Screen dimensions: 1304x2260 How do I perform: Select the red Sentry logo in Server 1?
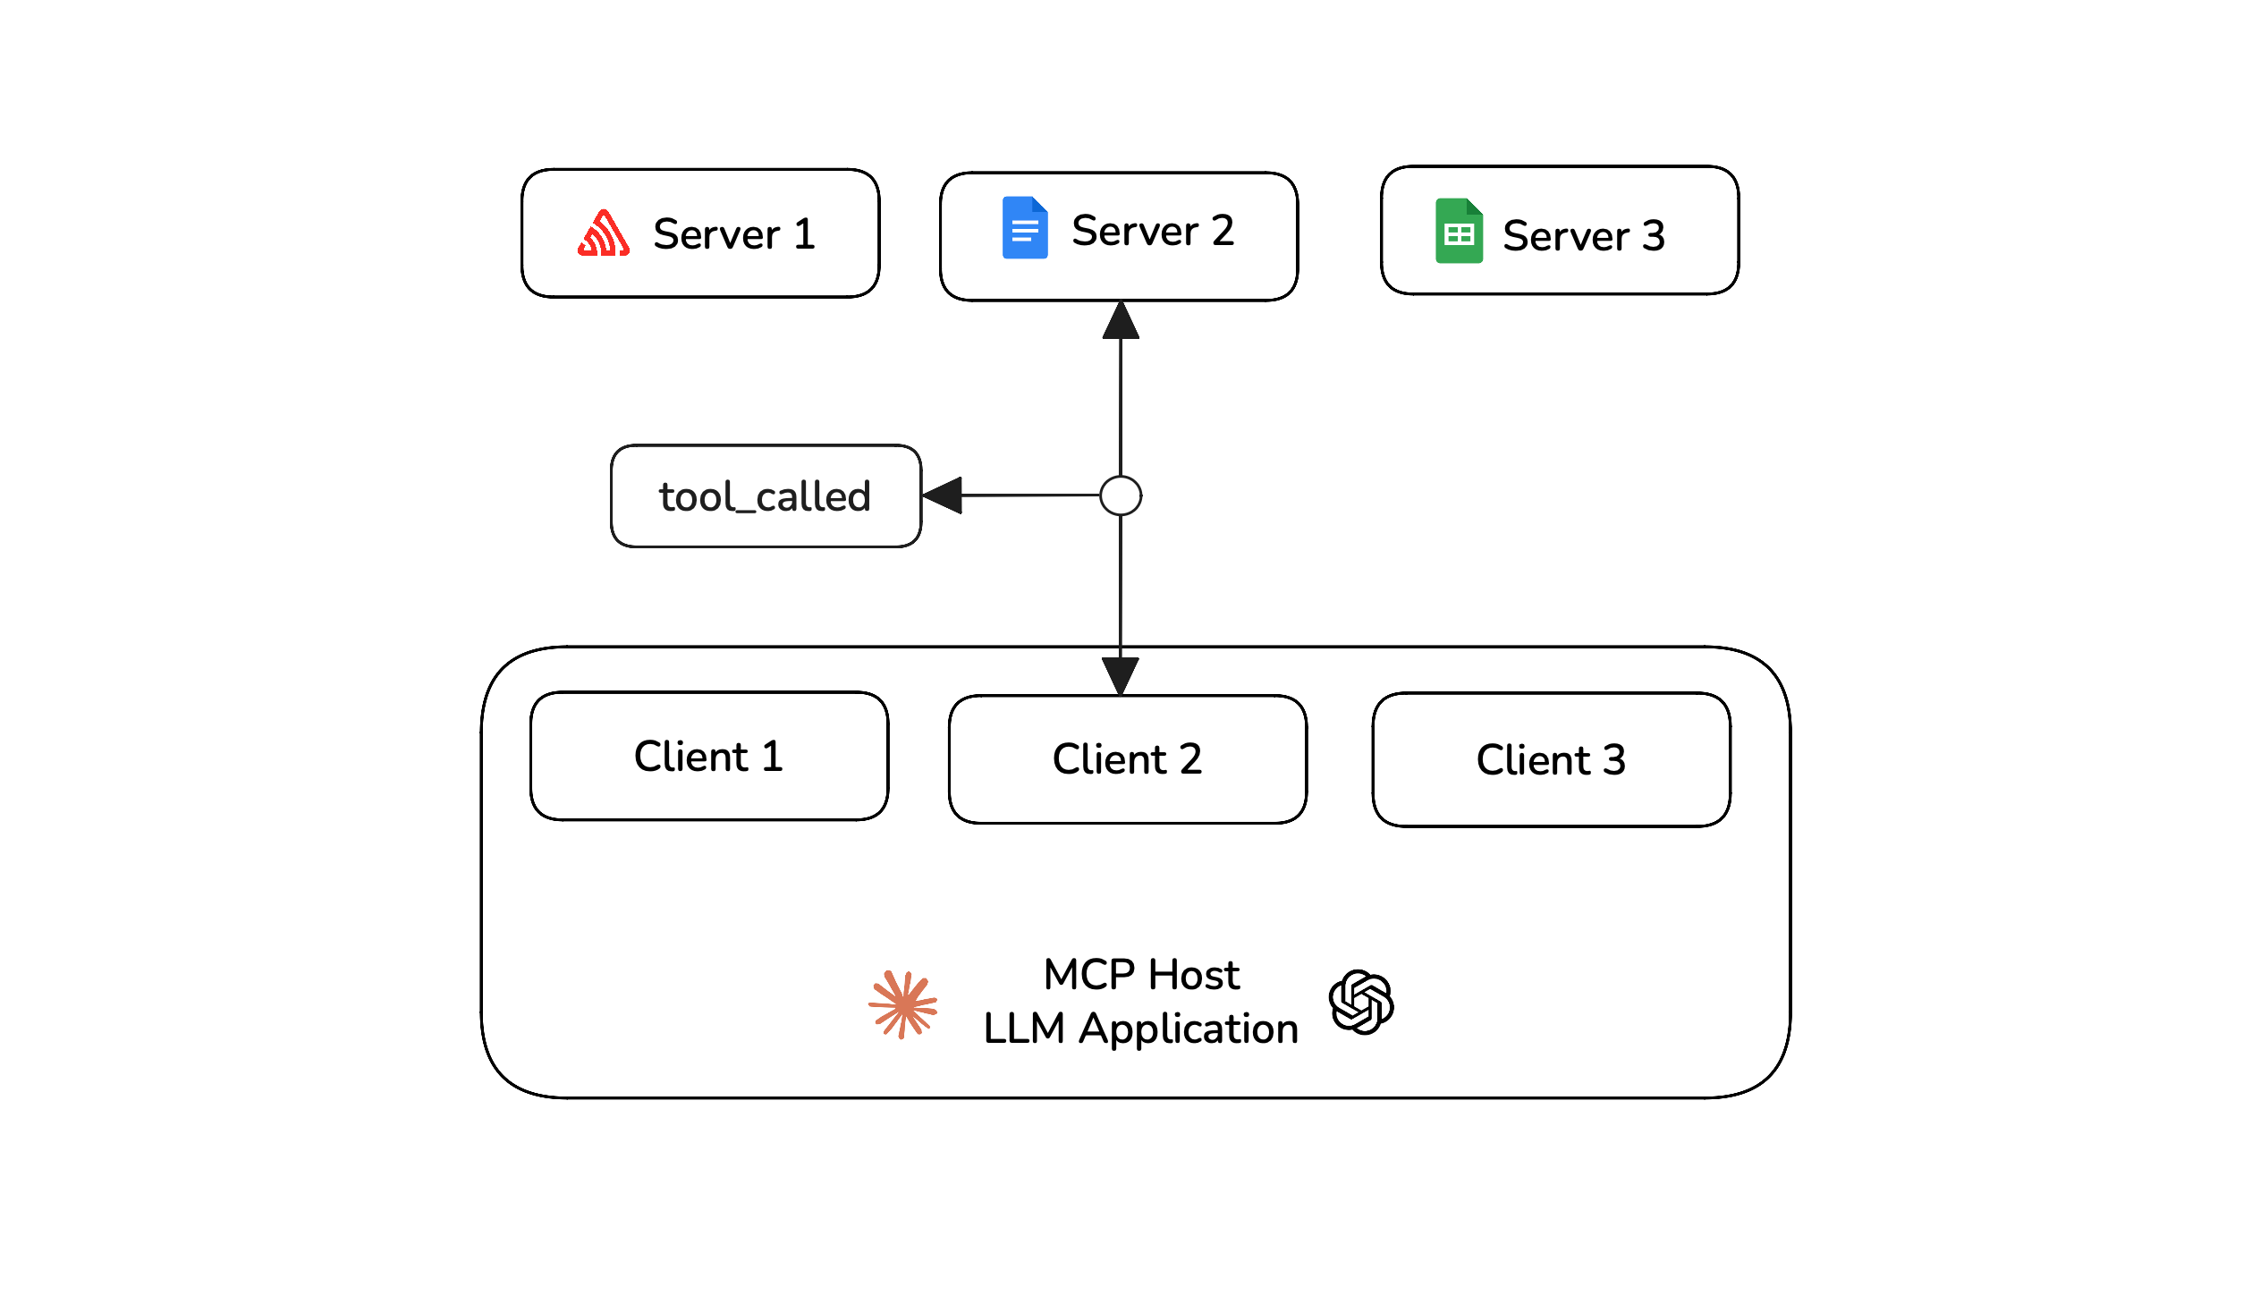tap(604, 233)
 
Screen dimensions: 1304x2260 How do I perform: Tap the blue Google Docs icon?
tap(1024, 227)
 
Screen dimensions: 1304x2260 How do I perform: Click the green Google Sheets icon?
tap(1458, 231)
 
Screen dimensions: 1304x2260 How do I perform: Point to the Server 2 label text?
tap(1153, 231)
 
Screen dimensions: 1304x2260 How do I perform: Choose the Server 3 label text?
tap(1582, 236)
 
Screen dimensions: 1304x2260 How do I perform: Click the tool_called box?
tap(766, 496)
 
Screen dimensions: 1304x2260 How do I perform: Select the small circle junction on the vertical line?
tap(1120, 495)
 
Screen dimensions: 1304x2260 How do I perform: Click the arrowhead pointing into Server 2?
tap(1120, 321)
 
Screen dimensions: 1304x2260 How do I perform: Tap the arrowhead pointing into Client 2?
tap(1120, 674)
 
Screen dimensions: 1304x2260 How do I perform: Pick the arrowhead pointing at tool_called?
tap(943, 495)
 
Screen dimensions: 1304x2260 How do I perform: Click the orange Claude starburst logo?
tap(902, 1004)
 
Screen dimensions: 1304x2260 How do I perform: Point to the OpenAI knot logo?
tap(1360, 1002)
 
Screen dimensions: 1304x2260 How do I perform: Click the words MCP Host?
tap(1141, 974)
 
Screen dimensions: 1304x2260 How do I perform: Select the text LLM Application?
tap(1140, 1029)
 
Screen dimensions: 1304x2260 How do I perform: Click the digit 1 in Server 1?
tap(804, 233)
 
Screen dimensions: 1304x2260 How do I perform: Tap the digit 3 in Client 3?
tap(1613, 760)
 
